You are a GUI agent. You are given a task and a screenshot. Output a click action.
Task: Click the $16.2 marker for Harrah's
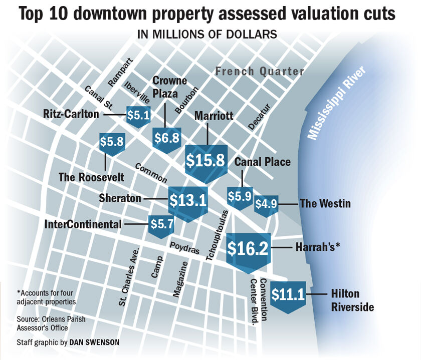248,248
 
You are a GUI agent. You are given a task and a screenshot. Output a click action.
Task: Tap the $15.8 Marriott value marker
206,160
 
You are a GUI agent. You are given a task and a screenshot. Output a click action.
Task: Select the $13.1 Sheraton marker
187,200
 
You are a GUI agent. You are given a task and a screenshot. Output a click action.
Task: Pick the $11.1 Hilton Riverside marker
288,295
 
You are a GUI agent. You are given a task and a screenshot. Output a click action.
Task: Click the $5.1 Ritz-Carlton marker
138,116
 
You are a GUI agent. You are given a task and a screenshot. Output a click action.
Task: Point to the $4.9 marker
266,204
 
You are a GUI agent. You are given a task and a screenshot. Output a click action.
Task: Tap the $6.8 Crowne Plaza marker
166,137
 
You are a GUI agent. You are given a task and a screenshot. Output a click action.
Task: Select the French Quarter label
260,72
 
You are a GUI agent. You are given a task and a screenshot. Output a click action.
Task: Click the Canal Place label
263,162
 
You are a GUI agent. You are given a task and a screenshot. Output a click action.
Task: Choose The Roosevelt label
91,177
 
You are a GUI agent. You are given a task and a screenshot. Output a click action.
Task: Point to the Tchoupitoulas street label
217,235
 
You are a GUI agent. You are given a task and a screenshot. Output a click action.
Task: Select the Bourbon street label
186,100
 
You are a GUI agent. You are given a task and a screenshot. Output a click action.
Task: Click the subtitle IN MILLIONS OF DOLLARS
207,35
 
